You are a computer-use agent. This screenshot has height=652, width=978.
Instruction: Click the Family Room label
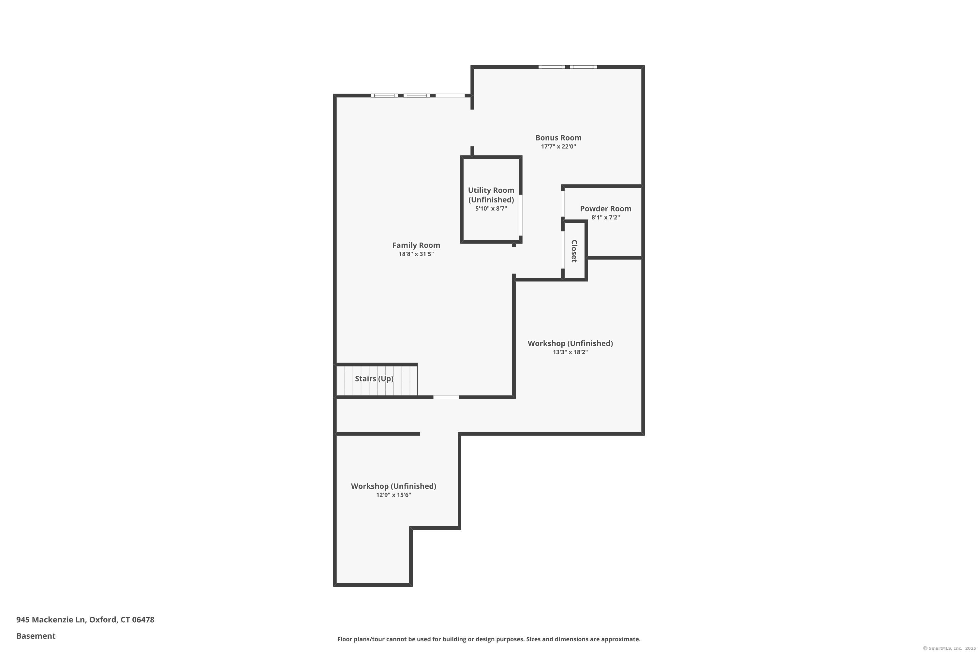pyautogui.click(x=416, y=245)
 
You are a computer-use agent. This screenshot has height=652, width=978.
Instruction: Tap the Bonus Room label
pyautogui.click(x=558, y=138)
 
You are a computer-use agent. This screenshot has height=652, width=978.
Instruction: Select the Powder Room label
pyautogui.click(x=605, y=209)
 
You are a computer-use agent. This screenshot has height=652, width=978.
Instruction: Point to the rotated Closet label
pyautogui.click(x=574, y=251)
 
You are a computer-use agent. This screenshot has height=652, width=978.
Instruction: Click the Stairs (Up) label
pyautogui.click(x=374, y=379)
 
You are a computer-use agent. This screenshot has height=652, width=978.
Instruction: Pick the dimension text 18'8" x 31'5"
pyautogui.click(x=416, y=254)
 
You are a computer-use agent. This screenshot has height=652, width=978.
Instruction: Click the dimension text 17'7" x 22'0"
pyautogui.click(x=558, y=146)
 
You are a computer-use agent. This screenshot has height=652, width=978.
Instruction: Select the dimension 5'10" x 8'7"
pyautogui.click(x=491, y=209)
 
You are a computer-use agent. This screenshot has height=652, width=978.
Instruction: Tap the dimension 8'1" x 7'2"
pyautogui.click(x=605, y=217)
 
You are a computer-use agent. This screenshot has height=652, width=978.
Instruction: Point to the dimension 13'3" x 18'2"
pyautogui.click(x=570, y=352)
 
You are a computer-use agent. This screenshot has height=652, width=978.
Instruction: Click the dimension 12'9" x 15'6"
pyautogui.click(x=393, y=495)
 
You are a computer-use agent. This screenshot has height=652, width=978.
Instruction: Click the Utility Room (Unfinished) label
pyautogui.click(x=491, y=195)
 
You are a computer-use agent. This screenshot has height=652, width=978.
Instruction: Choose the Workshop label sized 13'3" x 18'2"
pyautogui.click(x=570, y=344)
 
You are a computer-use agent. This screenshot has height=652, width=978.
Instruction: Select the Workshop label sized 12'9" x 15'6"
pyautogui.click(x=393, y=486)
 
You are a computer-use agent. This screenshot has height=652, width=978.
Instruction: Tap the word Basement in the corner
pyautogui.click(x=36, y=636)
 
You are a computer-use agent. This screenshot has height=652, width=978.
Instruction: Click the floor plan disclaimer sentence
pyautogui.click(x=489, y=639)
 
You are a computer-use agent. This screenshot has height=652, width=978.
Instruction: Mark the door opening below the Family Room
pyautogui.click(x=446, y=397)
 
